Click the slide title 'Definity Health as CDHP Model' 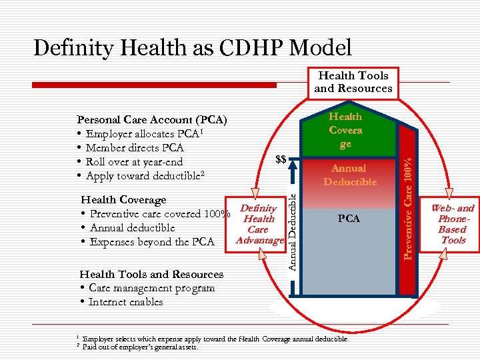pyautogui.click(x=192, y=47)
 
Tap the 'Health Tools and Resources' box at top pyautogui.click(x=353, y=82)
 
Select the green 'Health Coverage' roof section pyautogui.click(x=345, y=130)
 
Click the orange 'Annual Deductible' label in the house pyautogui.click(x=350, y=175)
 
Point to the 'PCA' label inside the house pyautogui.click(x=349, y=218)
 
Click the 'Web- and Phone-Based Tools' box pyautogui.click(x=453, y=224)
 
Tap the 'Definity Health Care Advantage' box pyautogui.click(x=259, y=225)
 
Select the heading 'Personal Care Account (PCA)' pyautogui.click(x=152, y=120)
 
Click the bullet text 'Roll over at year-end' pyautogui.click(x=134, y=162)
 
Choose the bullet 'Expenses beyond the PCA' pyautogui.click(x=153, y=242)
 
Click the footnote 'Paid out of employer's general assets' pyautogui.click(x=140, y=347)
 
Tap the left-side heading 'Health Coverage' pyautogui.click(x=123, y=200)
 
